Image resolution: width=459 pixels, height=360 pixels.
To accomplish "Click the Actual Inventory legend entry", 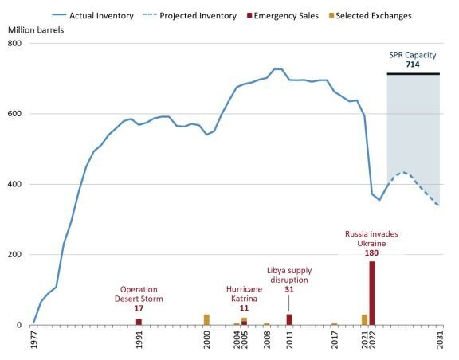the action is click(92, 15).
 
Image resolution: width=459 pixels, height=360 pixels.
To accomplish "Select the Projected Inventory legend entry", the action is click(190, 15).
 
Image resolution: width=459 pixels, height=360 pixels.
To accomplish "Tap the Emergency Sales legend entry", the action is click(283, 15).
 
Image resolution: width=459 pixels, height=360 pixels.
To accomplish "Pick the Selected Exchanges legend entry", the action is click(371, 15).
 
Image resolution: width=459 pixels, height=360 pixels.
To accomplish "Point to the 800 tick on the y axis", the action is click(14, 43).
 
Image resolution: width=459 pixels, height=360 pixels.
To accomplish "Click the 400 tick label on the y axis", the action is click(14, 184).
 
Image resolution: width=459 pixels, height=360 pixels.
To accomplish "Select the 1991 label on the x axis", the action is click(139, 339).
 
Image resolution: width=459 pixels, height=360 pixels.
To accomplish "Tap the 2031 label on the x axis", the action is click(440, 339).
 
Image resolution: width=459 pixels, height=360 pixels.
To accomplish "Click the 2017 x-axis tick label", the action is click(335, 339).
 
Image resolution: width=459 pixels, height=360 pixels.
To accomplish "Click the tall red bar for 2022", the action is click(372, 293).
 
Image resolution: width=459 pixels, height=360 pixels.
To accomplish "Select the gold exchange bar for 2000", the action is click(206, 319).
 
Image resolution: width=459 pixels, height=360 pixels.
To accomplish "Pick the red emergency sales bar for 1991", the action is click(139, 322).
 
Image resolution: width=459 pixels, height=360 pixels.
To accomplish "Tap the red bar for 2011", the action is click(289, 319).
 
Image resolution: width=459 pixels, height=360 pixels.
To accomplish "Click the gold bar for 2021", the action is click(364, 319).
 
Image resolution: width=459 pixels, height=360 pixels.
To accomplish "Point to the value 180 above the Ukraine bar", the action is click(371, 253).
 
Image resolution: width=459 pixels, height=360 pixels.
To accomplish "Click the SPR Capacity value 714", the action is click(413, 65).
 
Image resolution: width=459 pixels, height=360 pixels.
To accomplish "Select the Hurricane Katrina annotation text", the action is click(244, 294).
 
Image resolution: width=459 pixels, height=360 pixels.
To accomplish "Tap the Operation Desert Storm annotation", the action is click(139, 294).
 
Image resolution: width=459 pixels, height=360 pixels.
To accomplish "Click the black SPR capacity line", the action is click(414, 74).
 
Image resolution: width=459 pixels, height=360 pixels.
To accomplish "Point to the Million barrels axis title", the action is click(36, 30).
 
